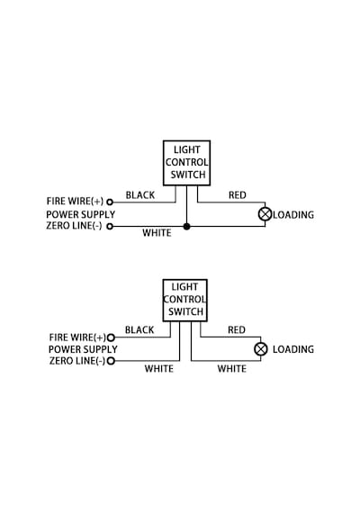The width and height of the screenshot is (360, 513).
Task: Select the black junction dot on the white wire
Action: coord(186,226)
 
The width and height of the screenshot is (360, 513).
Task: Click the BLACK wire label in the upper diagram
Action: coord(140,195)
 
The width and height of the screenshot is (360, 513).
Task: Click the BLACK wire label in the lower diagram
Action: coord(139,329)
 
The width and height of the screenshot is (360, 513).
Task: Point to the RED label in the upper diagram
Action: coord(238,195)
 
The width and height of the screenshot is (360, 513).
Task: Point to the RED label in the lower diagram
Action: coord(237,329)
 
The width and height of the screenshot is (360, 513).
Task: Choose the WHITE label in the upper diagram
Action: coord(157,233)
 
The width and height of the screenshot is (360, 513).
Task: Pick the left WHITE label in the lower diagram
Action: coord(159,369)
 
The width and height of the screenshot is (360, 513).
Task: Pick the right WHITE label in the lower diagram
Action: coord(232,369)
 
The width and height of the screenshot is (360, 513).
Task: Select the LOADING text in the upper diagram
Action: coord(293,215)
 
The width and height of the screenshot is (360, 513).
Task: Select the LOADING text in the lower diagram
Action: coord(293,349)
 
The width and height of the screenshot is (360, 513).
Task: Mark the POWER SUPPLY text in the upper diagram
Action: coord(80,214)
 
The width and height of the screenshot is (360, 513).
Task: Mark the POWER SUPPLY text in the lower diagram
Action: coord(83,349)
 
